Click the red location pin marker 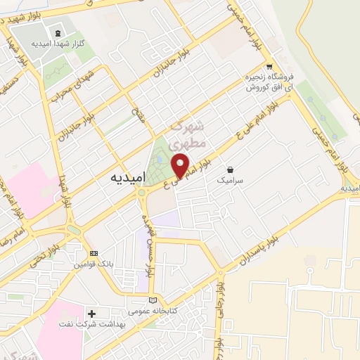tap(181, 166)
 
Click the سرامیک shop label tap(229, 180)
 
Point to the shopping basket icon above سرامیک tap(230, 169)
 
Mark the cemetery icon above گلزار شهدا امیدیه tap(57, 32)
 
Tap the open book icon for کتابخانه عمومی tap(163, 300)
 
